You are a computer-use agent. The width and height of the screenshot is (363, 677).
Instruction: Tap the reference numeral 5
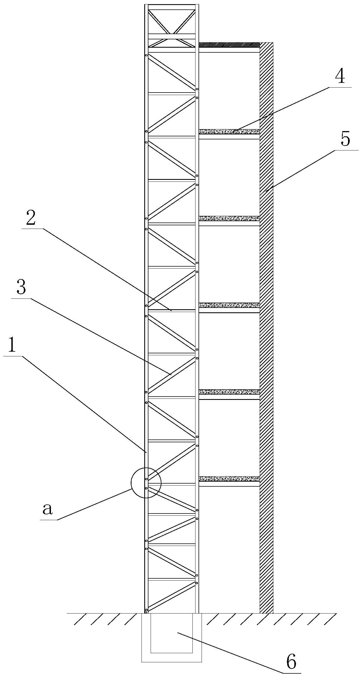tap(345, 139)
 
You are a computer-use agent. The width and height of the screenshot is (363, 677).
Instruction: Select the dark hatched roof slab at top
tap(229, 45)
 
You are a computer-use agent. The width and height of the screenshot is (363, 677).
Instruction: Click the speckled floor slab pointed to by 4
tap(229, 131)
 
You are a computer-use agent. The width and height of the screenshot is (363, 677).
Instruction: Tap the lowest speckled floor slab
tap(229, 478)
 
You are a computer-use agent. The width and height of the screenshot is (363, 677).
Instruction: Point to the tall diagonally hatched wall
tap(266, 333)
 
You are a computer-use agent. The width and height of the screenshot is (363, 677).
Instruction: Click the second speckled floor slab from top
tap(229, 218)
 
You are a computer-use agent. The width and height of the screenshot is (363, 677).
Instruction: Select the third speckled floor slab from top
tap(229, 305)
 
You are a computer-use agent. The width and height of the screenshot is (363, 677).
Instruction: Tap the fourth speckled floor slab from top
tap(229, 392)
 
